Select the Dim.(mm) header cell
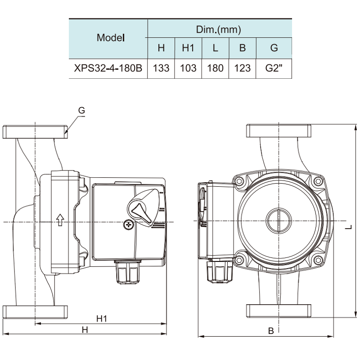click(x=219, y=30)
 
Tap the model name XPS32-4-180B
click(x=108, y=68)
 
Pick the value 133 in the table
click(x=161, y=68)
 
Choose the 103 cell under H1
click(x=188, y=68)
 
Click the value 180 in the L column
click(x=215, y=68)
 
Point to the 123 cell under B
click(x=243, y=68)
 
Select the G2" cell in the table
click(x=274, y=68)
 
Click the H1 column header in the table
click(x=188, y=48)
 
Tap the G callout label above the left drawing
click(x=81, y=110)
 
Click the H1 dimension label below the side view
click(x=102, y=319)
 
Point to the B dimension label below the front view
click(x=271, y=331)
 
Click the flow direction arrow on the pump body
click(x=59, y=220)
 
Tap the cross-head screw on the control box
click(x=129, y=224)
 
